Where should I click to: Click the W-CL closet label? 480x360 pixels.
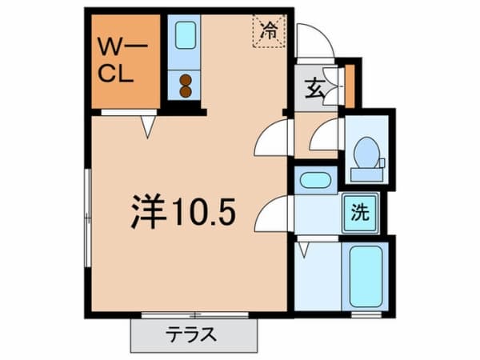[122, 62]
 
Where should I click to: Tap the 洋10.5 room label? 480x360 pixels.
[183, 211]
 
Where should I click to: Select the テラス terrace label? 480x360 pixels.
[191, 334]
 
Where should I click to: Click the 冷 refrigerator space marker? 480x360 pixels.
[269, 31]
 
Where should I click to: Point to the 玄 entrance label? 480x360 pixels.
[314, 88]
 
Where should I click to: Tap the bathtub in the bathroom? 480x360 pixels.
[366, 277]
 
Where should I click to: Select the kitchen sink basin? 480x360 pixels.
[186, 35]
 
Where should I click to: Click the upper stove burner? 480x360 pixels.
[186, 80]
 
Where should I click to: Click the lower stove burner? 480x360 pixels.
[186, 91]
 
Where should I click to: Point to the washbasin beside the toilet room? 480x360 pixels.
[315, 180]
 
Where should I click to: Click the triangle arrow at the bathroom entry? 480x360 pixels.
[304, 249]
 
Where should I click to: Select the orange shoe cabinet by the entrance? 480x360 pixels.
[350, 86]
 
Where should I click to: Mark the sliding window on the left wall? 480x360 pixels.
[87, 218]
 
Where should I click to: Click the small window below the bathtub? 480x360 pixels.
[366, 314]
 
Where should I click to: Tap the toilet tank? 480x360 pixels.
[367, 174]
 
